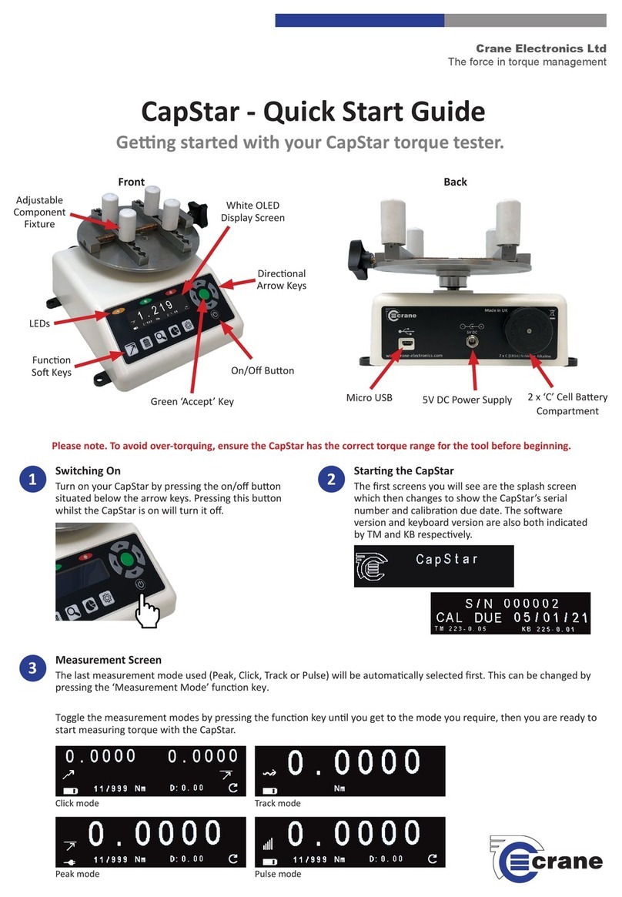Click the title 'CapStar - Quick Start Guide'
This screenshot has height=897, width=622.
tap(313, 112)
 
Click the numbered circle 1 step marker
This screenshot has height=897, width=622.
tap(32, 479)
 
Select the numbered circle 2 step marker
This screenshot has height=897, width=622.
tap(330, 479)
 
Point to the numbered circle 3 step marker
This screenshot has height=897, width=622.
tap(32, 668)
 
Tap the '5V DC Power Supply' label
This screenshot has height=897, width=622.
tap(466, 399)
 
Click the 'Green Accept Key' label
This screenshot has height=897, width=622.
tap(192, 400)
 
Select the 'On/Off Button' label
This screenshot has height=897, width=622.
tap(263, 370)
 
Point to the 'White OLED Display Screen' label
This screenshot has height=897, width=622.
tap(252, 211)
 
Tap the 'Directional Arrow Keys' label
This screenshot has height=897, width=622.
tap(281, 279)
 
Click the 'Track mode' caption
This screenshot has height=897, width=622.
tap(277, 803)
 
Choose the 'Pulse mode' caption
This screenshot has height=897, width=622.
tap(278, 874)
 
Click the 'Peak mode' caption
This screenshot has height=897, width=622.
tap(77, 874)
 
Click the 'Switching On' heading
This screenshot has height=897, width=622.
tap(88, 470)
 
